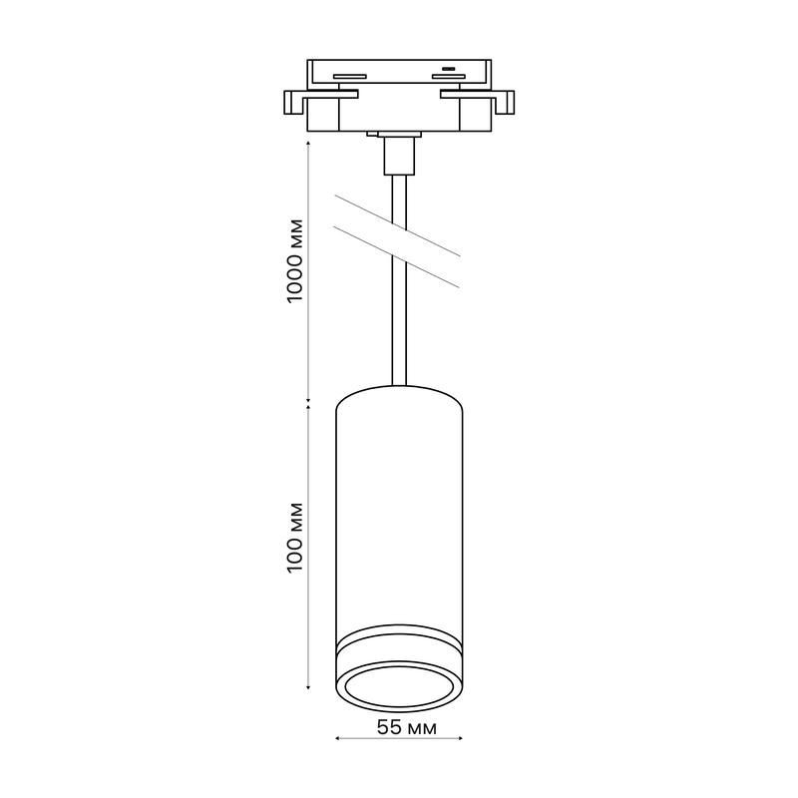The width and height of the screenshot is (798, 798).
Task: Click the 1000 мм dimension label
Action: [x=295, y=260]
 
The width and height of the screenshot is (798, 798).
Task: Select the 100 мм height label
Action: [x=295, y=538]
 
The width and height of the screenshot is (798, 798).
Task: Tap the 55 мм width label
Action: [x=407, y=728]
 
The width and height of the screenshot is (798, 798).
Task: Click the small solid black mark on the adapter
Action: [x=448, y=68]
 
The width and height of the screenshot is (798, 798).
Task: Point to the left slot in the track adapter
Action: [x=350, y=77]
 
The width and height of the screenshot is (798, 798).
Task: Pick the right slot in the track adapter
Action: [x=448, y=77]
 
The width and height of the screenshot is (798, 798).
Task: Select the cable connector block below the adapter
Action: [x=400, y=156]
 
